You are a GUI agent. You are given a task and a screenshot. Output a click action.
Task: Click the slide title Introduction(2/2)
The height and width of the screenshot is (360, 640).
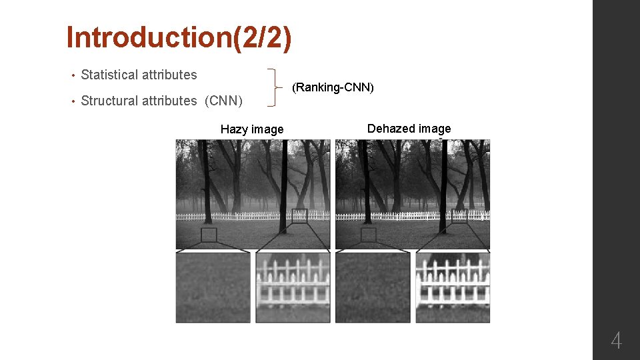coord(179,38)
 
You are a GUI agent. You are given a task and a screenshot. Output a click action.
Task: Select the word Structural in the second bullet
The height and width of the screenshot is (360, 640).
coord(108,101)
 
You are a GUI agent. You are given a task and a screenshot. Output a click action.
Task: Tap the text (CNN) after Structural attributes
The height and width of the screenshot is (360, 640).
coord(223,101)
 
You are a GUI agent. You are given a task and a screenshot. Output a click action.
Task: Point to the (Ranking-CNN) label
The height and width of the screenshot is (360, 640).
coord(333,87)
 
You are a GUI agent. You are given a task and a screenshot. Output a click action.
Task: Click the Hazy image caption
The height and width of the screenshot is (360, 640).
coord(252,129)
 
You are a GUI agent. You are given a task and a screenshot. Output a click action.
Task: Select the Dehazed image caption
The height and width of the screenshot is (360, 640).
coord(409,129)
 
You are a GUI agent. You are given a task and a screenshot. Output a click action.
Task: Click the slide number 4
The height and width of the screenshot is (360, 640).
coord(616,341)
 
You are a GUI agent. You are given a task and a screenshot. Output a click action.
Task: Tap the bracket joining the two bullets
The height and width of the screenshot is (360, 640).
coord(275,87)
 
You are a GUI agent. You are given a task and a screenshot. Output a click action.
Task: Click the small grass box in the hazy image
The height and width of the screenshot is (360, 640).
coord(209,235)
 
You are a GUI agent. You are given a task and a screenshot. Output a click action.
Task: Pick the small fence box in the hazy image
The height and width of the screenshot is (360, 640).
coord(299,215)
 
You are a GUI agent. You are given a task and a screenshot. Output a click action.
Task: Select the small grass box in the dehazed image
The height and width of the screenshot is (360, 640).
coord(368,235)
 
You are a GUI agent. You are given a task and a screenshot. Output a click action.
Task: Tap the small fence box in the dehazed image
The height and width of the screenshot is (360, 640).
coord(459,215)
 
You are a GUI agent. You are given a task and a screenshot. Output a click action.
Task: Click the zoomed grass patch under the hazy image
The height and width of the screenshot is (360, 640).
coord(213,287)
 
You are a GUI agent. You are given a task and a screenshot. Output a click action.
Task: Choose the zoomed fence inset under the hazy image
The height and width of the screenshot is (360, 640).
coord(293,287)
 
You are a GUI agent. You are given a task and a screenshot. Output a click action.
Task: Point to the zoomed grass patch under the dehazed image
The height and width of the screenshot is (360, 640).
coord(372,287)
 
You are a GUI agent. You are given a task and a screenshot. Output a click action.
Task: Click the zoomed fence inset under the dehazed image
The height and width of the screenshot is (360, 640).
coord(452,287)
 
